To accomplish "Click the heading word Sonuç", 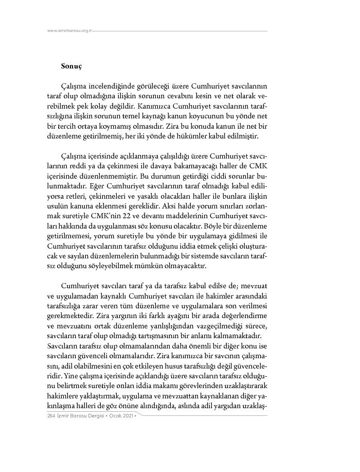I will [x=71, y=66].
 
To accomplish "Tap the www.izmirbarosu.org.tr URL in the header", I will [x=69, y=30].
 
